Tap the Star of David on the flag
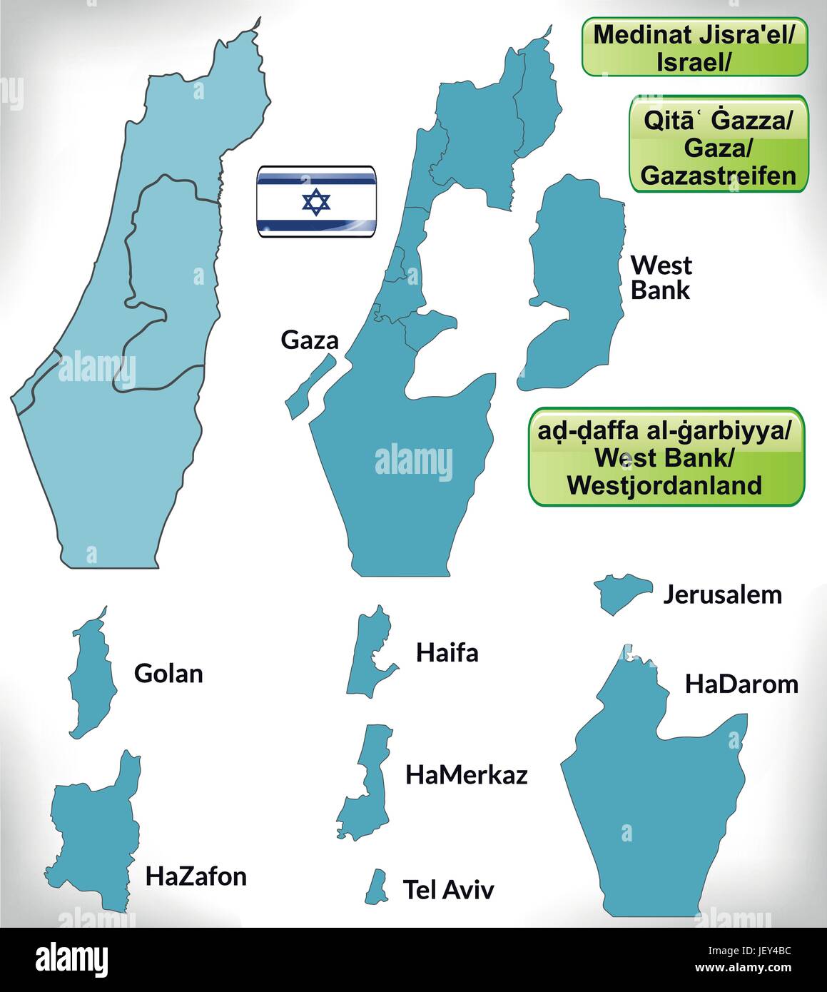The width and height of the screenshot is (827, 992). (x=316, y=203)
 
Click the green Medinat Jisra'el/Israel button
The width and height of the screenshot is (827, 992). (x=694, y=47)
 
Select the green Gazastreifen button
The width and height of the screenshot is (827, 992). (x=718, y=144)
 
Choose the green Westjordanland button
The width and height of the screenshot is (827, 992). (x=666, y=457)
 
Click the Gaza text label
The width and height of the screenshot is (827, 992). (x=310, y=340)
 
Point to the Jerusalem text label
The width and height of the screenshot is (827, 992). (x=722, y=594)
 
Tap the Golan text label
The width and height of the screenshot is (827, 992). (x=168, y=673)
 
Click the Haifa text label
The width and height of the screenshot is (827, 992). (x=447, y=652)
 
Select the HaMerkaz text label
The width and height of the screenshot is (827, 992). (x=466, y=775)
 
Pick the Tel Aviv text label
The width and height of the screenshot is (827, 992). (x=448, y=889)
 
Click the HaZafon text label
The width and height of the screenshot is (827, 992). (x=196, y=876)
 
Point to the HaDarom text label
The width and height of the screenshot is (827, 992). (x=741, y=684)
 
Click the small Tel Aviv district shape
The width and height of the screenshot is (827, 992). (x=377, y=886)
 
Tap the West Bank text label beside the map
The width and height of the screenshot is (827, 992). (x=661, y=278)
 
